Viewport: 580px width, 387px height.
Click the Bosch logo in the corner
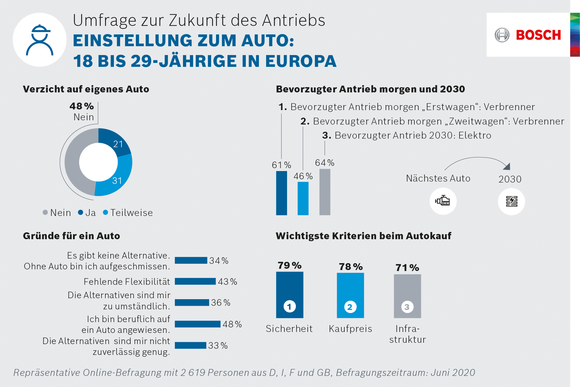pos(528,35)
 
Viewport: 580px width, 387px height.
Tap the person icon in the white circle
pos(40,40)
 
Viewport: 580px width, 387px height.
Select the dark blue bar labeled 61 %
pos(281,193)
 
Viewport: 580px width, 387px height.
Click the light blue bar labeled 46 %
pos(303,199)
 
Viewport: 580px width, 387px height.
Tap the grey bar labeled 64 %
pos(325,192)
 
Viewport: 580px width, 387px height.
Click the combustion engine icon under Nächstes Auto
pos(443,201)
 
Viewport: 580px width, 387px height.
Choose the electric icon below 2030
pos(511,201)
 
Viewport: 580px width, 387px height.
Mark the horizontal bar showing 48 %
pos(197,324)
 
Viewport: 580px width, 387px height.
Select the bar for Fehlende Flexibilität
pos(195,281)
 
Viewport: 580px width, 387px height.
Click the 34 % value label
pos(219,261)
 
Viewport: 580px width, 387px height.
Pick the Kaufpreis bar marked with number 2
pos(350,295)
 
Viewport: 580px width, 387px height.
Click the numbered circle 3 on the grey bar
pos(407,307)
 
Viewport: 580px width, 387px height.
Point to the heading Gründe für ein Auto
pos(71,236)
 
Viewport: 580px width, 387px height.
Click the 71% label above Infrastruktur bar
pos(407,268)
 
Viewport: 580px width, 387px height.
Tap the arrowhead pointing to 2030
pos(507,166)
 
